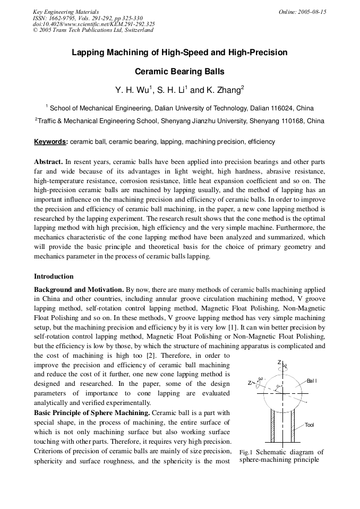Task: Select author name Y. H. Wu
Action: [x=132, y=90]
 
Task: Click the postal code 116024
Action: [x=282, y=108]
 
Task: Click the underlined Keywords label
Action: [x=50, y=142]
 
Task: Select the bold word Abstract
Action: [x=48, y=161]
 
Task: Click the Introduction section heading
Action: [x=54, y=277]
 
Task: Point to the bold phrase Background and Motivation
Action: [x=79, y=290]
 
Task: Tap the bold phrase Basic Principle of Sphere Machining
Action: [x=92, y=413]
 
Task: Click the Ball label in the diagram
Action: [x=312, y=381]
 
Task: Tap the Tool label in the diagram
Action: [x=310, y=425]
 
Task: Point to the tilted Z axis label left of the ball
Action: [x=250, y=383]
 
